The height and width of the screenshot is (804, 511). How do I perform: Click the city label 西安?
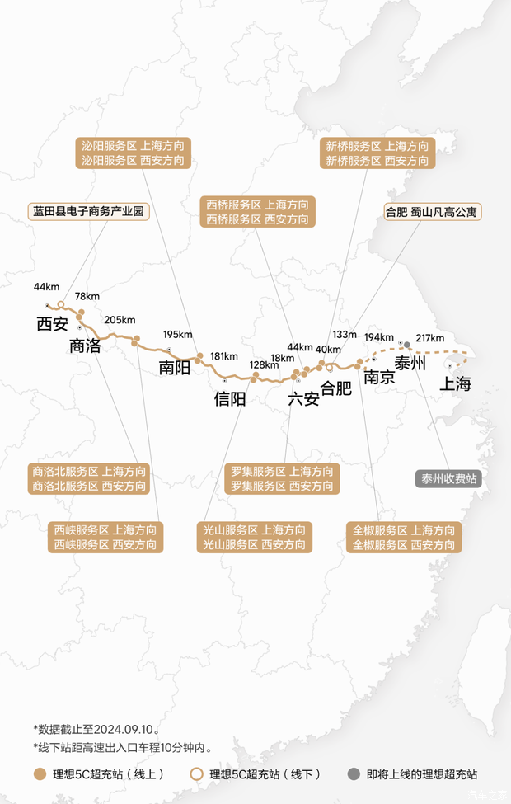[52, 324]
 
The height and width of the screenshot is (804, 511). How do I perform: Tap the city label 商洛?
[85, 346]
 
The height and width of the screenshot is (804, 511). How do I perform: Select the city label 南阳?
[175, 367]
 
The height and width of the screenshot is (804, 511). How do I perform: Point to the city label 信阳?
[230, 399]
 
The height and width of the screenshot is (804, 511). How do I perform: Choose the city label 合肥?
[335, 388]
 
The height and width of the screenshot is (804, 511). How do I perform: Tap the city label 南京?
[379, 378]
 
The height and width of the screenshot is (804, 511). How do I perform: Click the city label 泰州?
[410, 363]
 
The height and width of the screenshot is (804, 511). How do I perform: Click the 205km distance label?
[120, 320]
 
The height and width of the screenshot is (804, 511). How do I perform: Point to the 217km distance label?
[430, 338]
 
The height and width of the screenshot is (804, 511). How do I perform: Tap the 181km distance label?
[224, 356]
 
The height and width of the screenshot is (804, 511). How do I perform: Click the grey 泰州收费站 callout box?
[449, 479]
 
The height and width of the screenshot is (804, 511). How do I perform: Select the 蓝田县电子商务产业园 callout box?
[88, 211]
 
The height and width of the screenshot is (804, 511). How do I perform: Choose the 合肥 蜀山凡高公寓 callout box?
[433, 211]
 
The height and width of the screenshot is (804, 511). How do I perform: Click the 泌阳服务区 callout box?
[133, 153]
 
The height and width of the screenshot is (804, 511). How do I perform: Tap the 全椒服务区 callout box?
[404, 538]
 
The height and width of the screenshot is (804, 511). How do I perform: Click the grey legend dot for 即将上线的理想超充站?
[354, 774]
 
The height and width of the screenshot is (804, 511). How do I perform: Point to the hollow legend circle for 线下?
[196, 774]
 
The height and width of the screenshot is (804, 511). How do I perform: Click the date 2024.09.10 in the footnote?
[127, 729]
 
